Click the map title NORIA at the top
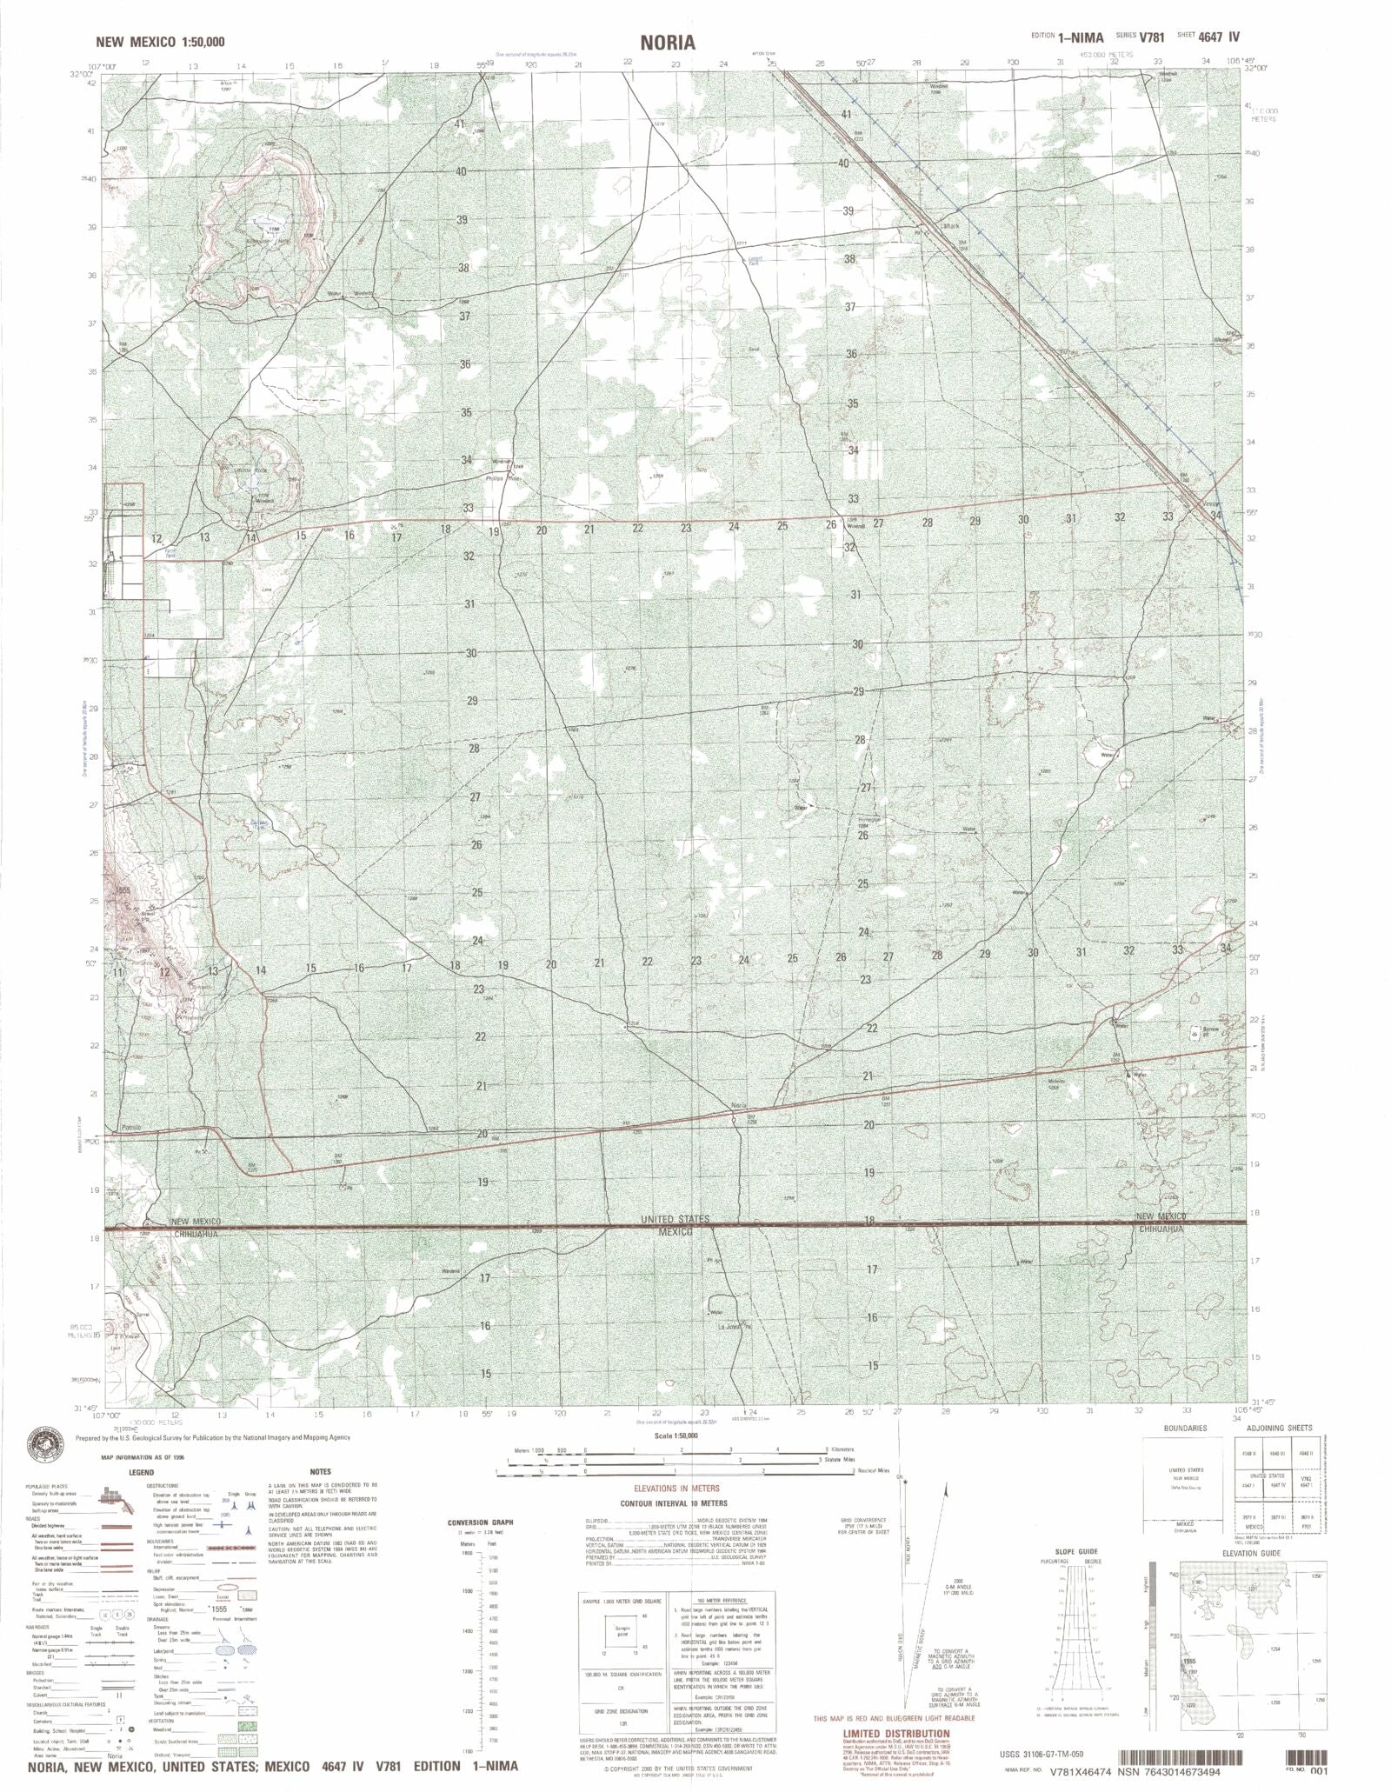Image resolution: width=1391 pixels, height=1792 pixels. pyautogui.click(x=669, y=42)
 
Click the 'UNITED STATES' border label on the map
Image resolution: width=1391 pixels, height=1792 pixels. pyautogui.click(x=675, y=1220)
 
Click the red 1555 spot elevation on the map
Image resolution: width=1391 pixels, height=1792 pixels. pyautogui.click(x=121, y=890)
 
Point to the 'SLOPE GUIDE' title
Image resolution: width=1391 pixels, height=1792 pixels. pyautogui.click(x=1075, y=1551)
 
